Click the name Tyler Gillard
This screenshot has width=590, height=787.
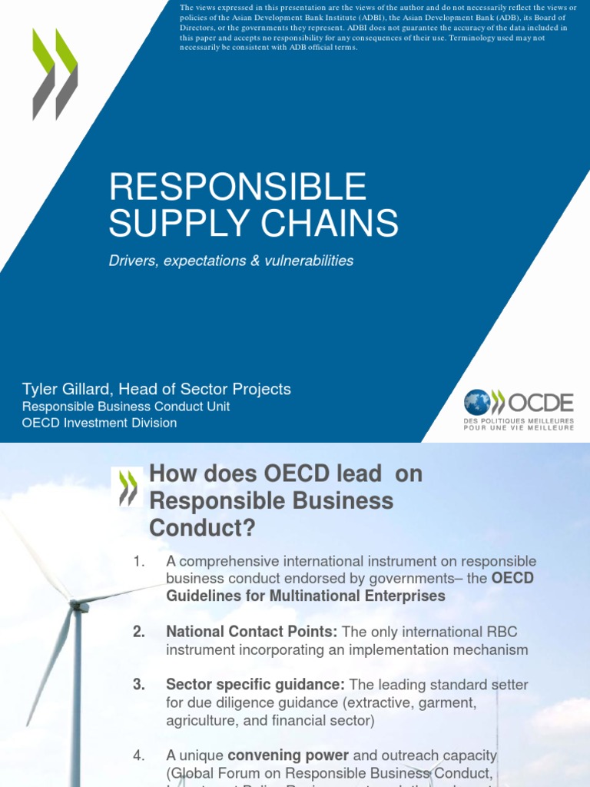70,389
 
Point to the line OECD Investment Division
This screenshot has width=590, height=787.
99,423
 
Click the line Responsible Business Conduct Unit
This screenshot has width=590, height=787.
126,407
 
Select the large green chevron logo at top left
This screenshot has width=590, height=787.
55,75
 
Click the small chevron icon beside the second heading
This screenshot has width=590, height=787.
128,487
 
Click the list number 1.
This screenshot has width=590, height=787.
138,562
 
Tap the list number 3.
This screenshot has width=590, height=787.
138,684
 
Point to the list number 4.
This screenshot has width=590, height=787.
138,756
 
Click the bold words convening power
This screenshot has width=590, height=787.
298,756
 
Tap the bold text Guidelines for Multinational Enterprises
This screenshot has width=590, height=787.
305,596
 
